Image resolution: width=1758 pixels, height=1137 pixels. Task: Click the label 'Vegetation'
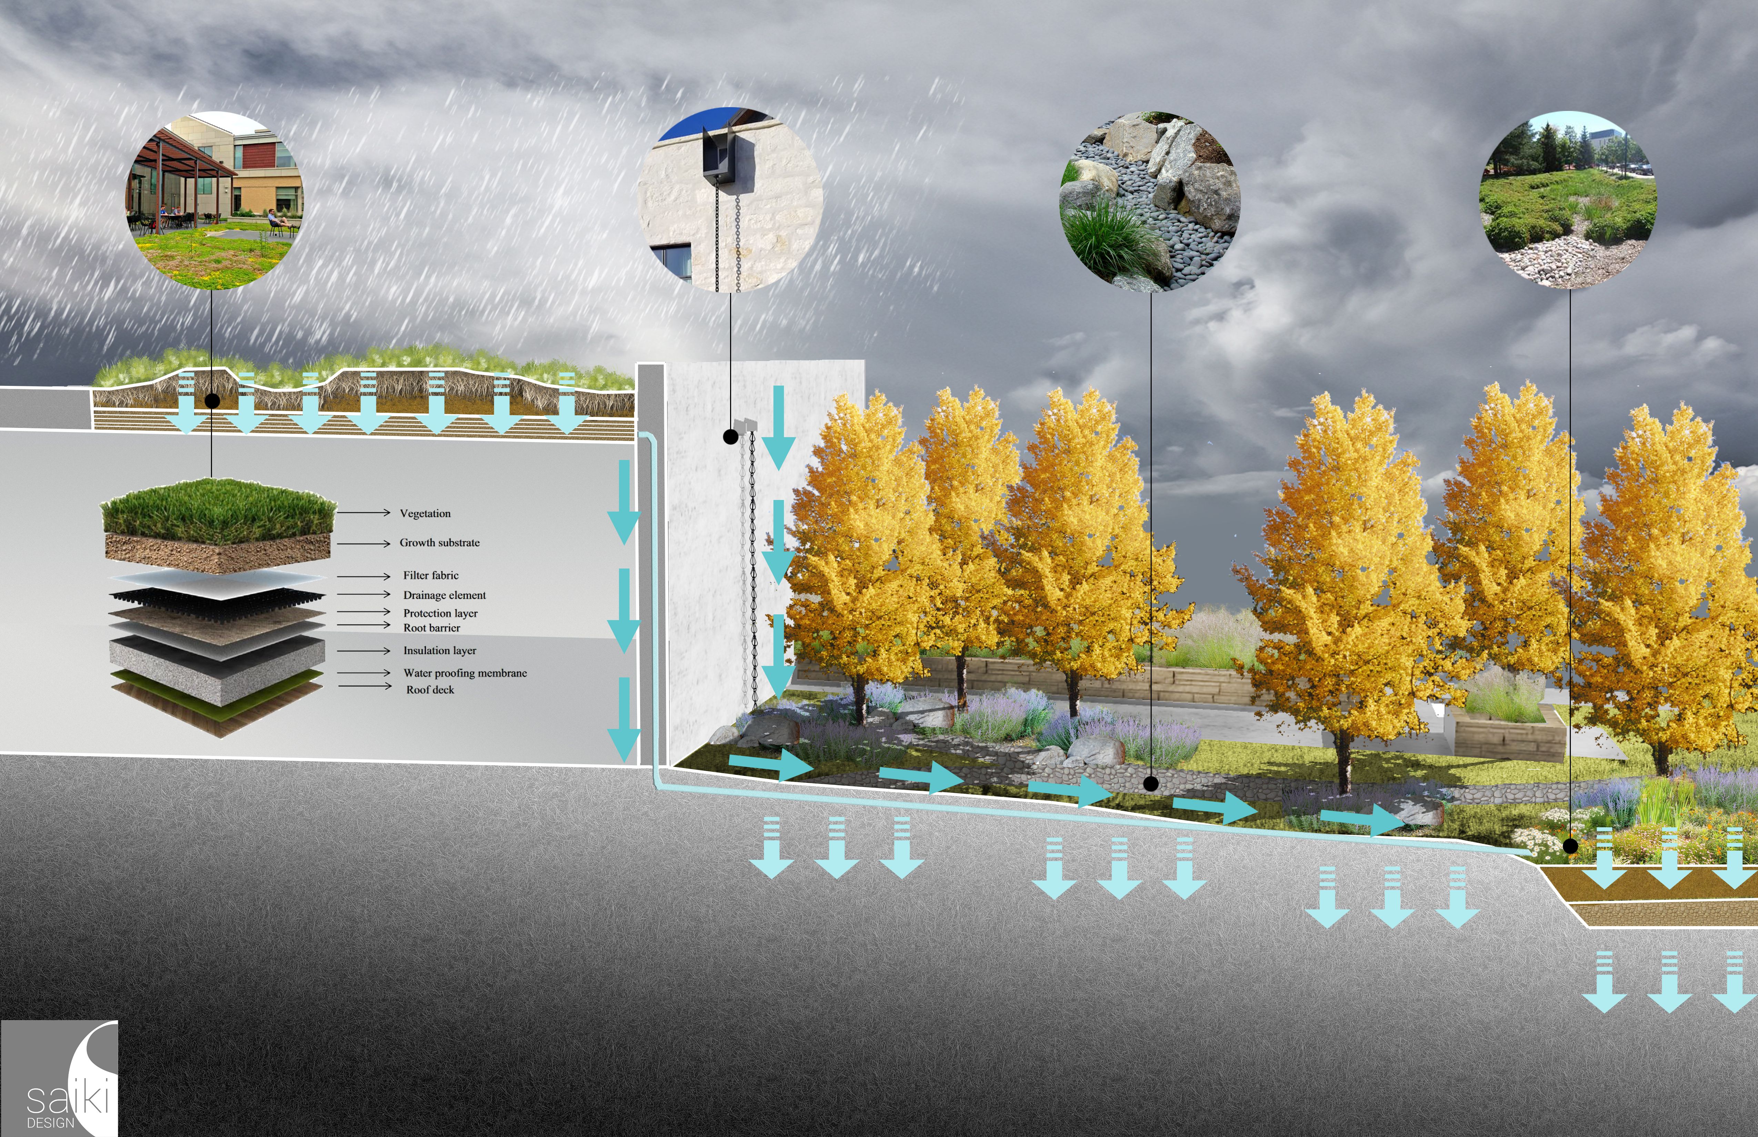(425, 513)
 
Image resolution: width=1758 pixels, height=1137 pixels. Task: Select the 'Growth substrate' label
(439, 543)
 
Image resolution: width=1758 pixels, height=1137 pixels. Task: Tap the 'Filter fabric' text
(431, 575)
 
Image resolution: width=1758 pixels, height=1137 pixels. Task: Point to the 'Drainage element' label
(444, 595)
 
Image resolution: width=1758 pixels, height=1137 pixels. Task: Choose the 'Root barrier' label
(431, 627)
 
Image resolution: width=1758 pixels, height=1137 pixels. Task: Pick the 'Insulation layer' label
(439, 651)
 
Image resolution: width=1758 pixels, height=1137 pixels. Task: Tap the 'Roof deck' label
(430, 689)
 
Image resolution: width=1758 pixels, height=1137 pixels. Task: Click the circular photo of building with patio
(214, 199)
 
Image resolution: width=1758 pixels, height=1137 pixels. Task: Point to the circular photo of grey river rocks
(1150, 201)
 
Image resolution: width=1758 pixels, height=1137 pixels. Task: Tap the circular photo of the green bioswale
(1568, 199)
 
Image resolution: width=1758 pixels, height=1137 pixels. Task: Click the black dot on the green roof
(212, 401)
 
